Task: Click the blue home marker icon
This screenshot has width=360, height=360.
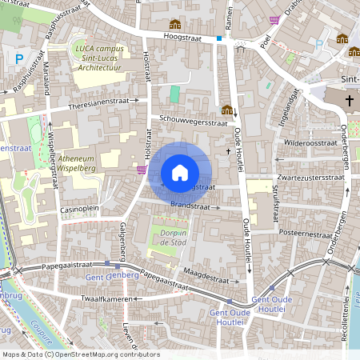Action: pos(180,172)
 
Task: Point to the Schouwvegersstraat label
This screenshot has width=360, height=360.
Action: pos(188,121)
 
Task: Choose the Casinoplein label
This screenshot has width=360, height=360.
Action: pos(79,209)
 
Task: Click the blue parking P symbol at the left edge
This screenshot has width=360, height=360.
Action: pos(18,58)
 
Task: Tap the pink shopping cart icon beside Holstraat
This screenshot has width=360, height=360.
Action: pos(142,169)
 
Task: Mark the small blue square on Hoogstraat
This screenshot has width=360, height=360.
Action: pos(219,38)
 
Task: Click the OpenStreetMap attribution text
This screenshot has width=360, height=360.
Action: pos(80,354)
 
